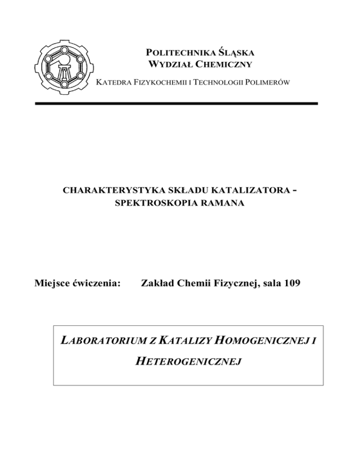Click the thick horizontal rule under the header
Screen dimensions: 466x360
point(176,103)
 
